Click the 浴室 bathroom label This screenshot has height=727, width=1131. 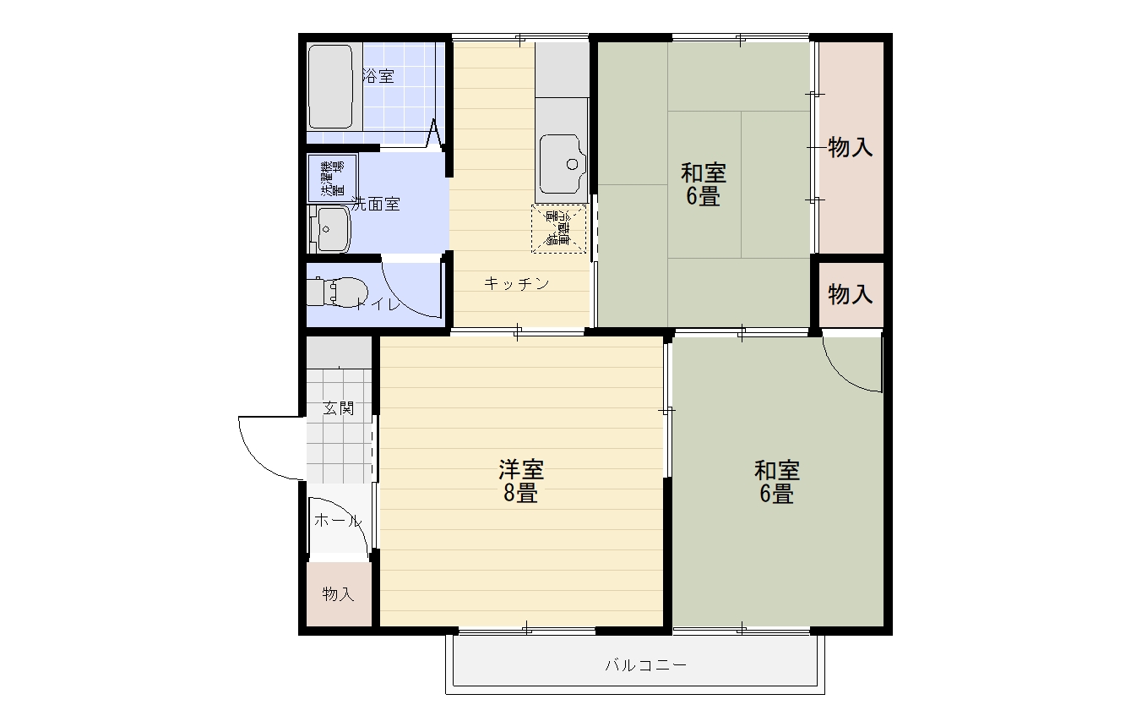378,76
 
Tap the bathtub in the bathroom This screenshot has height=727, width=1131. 329,86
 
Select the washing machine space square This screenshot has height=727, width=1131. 332,178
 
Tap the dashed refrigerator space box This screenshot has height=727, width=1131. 558,228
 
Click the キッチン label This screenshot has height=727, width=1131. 516,284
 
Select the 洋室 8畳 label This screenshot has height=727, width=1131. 520,481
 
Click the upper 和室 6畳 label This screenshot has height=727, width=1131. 703,185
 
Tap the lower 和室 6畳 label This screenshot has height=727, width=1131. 776,481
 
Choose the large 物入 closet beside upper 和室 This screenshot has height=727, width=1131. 850,148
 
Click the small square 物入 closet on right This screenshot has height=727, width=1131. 850,295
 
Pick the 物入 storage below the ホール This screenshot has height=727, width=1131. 338,594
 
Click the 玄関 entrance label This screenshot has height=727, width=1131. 338,408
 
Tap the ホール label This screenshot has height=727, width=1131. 337,521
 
